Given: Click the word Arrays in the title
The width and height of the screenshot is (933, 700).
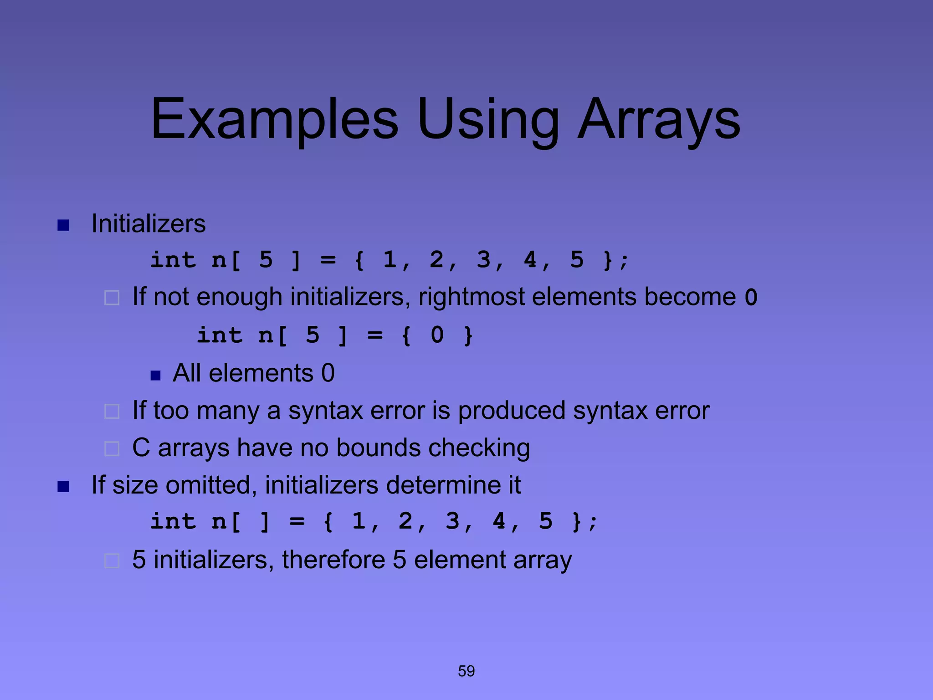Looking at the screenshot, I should tap(659, 119).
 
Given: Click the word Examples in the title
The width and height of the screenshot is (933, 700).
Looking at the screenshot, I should tap(275, 119).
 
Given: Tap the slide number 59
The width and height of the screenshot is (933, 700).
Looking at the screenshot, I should tap(466, 671).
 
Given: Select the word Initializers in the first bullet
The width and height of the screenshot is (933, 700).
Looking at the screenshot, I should tap(149, 224).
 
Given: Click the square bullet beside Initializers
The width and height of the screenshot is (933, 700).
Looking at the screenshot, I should tap(63, 225).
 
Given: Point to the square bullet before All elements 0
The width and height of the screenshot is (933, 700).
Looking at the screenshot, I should tap(155, 376).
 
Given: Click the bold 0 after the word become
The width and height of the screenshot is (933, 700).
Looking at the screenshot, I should tap(751, 298).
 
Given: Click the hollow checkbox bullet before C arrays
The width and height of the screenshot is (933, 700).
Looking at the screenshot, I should tap(112, 449).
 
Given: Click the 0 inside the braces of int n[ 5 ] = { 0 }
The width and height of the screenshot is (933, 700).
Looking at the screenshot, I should tap(437, 335).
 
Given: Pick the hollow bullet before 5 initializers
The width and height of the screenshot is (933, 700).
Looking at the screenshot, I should tap(112, 561).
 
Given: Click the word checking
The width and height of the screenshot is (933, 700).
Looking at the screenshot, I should tap(479, 448).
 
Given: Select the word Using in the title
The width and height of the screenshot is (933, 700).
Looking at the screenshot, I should tap(487, 119).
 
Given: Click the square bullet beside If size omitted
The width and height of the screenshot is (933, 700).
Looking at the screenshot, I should tap(63, 487).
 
